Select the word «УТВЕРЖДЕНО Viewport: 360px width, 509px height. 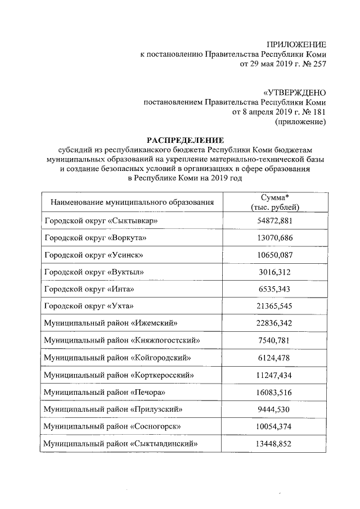pos(294,92)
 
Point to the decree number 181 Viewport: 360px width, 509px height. pos(317,112)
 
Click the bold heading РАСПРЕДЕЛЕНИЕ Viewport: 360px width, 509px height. pos(185,140)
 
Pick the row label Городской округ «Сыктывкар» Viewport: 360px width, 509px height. pos(101,220)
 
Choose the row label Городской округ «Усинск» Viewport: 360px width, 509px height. pos(93,255)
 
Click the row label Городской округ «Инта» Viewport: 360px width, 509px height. pos(89,289)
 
